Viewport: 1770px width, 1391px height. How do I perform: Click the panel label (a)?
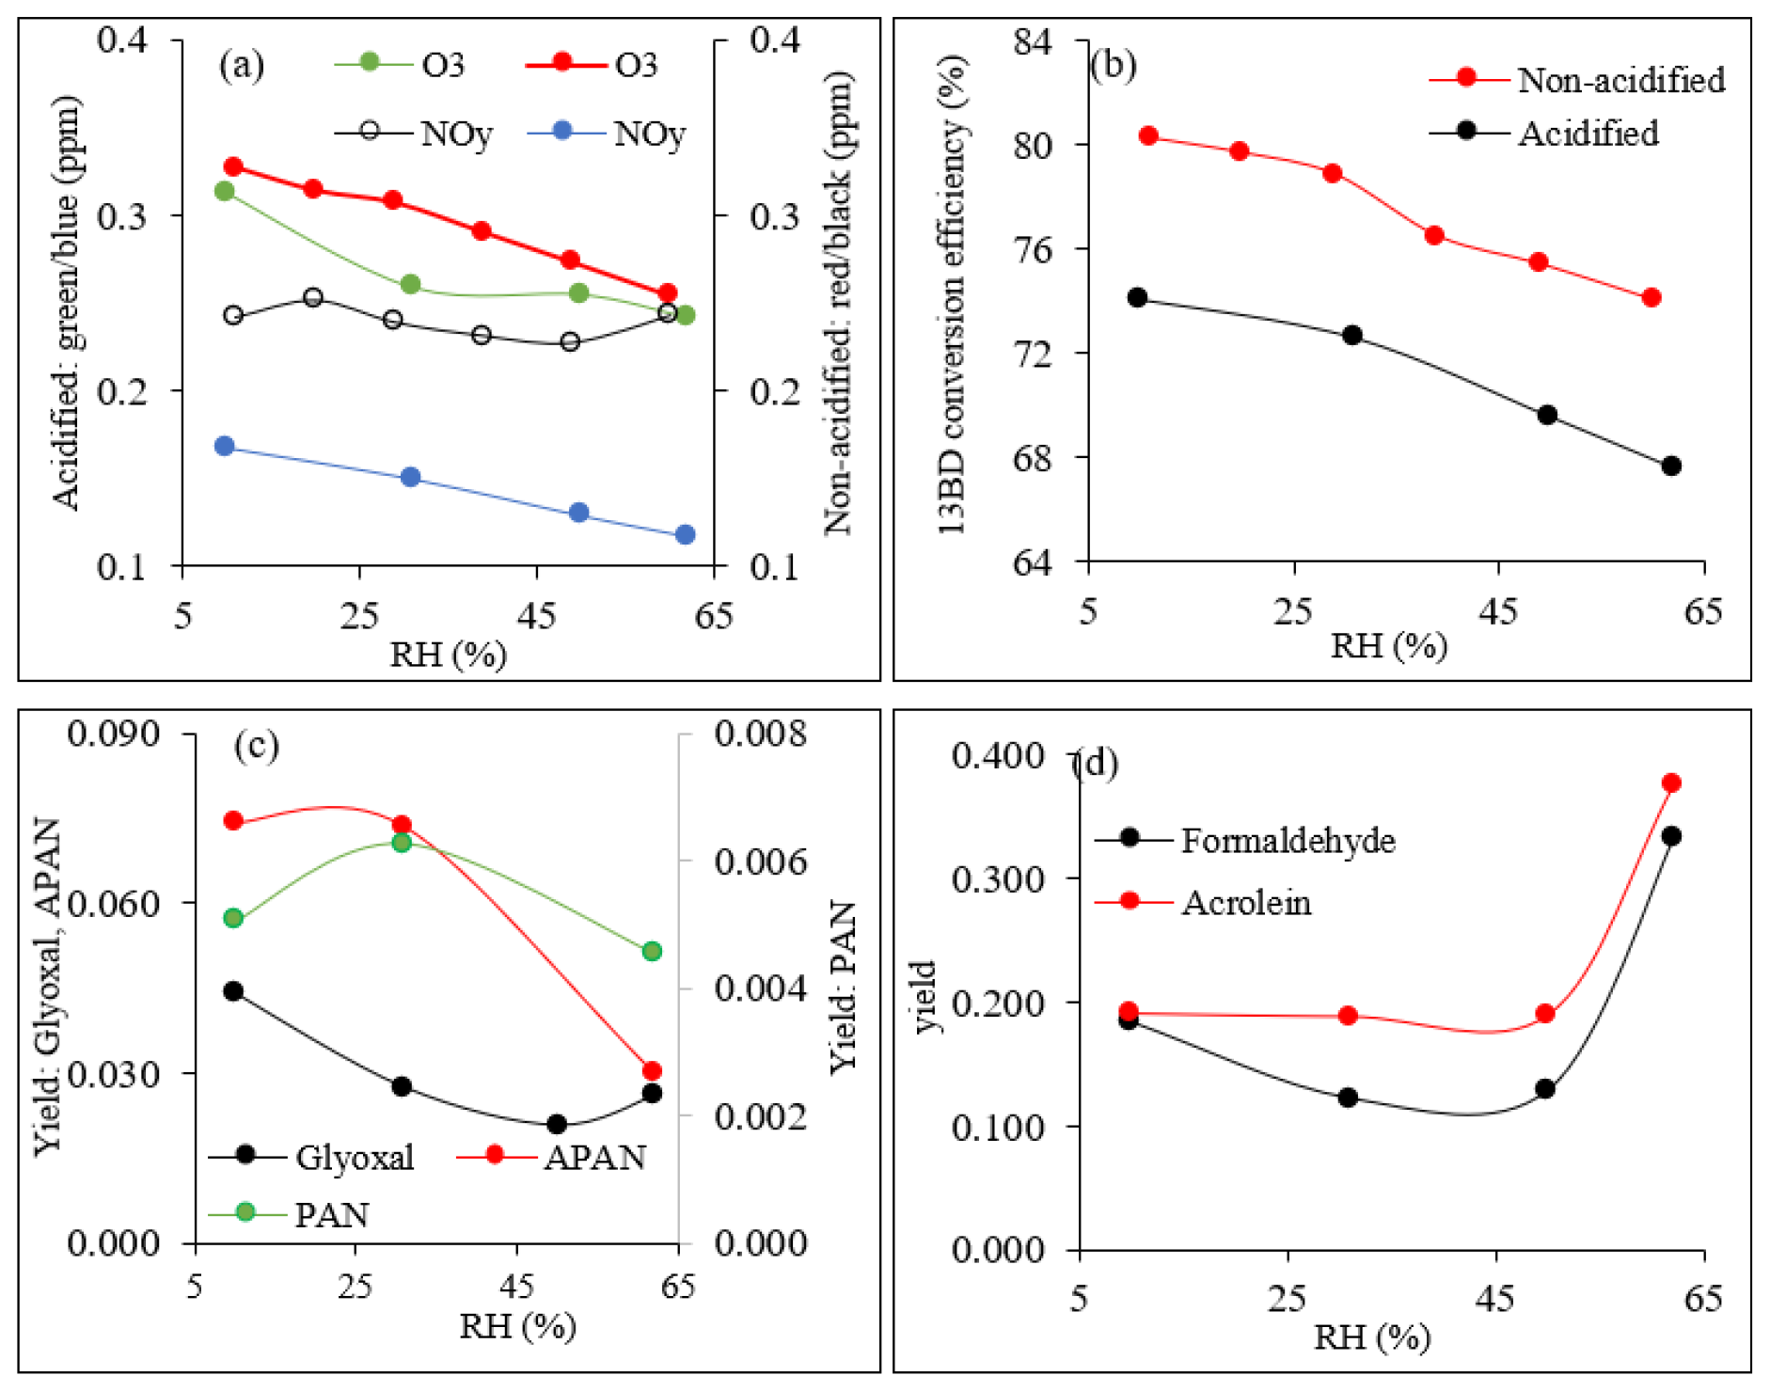[242, 65]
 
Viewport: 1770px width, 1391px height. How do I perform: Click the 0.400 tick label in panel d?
[998, 756]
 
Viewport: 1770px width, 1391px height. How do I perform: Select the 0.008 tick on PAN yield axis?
[760, 734]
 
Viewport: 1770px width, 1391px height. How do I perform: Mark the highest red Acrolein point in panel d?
[1671, 783]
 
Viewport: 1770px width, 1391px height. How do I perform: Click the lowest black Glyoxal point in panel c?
[557, 1124]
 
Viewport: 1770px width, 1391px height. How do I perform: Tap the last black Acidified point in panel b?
[1671, 466]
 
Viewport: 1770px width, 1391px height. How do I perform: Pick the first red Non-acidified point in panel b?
[1148, 136]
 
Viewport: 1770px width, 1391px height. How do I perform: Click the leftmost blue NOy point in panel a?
[225, 446]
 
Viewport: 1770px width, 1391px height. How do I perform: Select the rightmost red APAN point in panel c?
[652, 1071]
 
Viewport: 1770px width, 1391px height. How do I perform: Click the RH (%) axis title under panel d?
[1372, 1336]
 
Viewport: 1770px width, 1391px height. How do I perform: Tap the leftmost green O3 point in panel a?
[225, 191]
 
